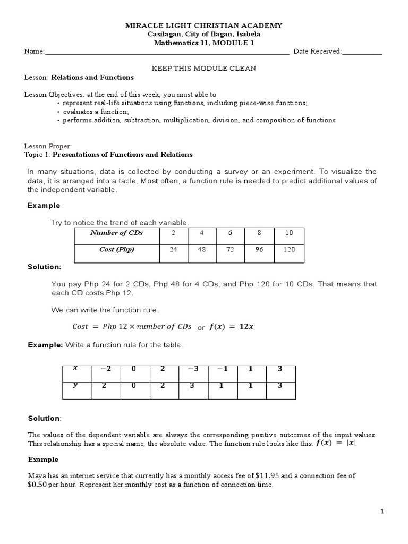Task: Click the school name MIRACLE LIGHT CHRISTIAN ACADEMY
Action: (x=203, y=25)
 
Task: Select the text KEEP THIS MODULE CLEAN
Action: (x=204, y=68)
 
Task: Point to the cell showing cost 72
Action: (x=229, y=250)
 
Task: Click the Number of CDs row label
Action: (x=116, y=233)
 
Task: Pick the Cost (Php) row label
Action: (x=116, y=250)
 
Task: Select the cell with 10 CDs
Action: (x=289, y=233)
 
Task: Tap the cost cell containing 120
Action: (x=289, y=250)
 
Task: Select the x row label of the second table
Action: (x=75, y=368)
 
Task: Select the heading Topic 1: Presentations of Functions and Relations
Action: (x=108, y=155)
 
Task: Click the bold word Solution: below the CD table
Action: (x=44, y=267)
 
